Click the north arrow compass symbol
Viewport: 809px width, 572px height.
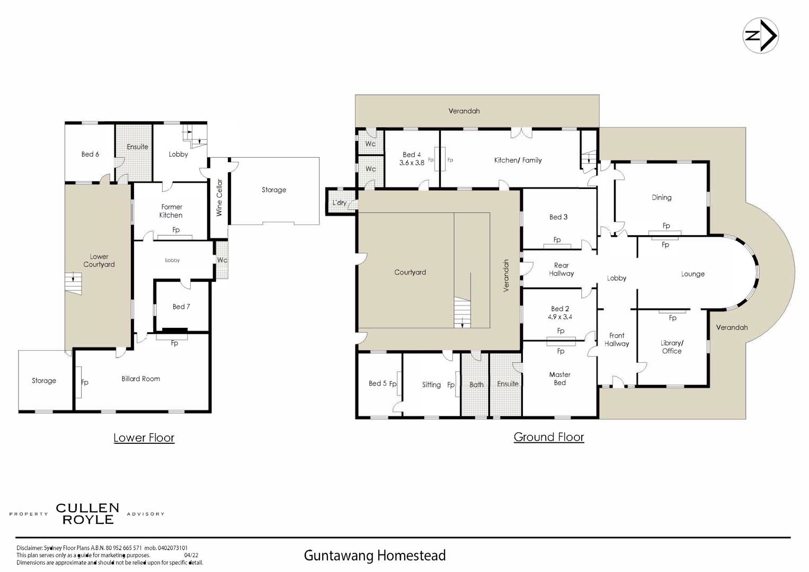[760, 36]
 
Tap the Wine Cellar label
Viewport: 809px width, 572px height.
[219, 198]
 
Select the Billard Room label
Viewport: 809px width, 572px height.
[140, 379]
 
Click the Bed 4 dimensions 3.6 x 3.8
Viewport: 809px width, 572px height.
[412, 163]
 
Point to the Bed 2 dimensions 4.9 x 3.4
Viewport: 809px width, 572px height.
[560, 317]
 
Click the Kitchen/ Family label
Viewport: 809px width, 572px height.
[518, 160]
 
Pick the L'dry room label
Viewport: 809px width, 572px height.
[340, 202]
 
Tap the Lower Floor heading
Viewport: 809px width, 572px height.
[144, 437]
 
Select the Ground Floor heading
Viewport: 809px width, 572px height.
[548, 437]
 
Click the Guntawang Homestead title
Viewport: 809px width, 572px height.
[375, 556]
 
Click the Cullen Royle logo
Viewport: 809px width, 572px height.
[87, 514]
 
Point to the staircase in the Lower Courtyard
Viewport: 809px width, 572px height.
[74, 284]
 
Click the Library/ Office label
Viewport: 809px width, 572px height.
[672, 347]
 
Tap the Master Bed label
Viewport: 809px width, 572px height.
[560, 379]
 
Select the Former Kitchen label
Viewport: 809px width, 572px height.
[171, 211]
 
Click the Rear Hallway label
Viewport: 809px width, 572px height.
[561, 270]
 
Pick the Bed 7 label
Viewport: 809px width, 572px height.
[181, 307]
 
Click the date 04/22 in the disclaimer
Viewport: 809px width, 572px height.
[191, 556]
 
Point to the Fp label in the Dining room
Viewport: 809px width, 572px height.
[666, 226]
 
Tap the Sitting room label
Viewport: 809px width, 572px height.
[431, 385]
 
